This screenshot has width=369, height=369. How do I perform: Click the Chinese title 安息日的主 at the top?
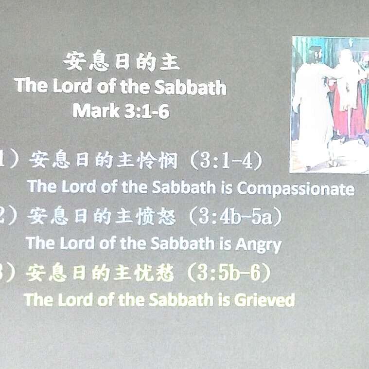point(122,61)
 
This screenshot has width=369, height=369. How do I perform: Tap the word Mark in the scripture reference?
point(96,111)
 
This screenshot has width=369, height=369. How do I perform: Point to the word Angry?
point(258,245)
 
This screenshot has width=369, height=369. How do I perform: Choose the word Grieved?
point(264,300)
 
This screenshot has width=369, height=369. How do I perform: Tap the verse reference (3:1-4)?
point(227,161)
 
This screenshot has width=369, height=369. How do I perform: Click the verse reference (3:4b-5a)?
point(235,217)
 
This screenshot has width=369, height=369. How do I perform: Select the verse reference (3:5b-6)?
point(229,273)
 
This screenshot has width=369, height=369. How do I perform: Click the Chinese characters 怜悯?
point(158,160)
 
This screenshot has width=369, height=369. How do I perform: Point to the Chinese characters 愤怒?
point(156,216)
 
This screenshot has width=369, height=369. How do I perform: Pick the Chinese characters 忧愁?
point(155,273)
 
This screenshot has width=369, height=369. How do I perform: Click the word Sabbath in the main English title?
point(190,87)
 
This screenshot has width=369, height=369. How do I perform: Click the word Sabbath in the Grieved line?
point(181,299)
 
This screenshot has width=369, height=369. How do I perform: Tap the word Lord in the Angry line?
point(77,243)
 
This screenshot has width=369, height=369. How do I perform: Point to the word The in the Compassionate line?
point(42,186)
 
